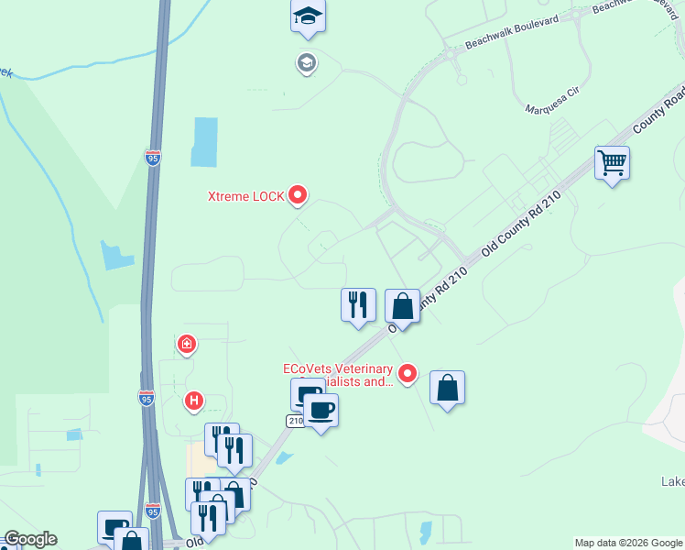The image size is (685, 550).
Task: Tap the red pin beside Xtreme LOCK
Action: (x=298, y=194)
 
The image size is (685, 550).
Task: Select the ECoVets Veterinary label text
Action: (x=337, y=375)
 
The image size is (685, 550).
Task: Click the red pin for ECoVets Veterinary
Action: (x=408, y=373)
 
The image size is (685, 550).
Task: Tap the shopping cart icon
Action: (x=612, y=163)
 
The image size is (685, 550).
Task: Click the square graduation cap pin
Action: (x=309, y=16)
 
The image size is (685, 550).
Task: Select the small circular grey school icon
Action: (x=306, y=62)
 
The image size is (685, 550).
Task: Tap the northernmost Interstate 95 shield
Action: (x=154, y=158)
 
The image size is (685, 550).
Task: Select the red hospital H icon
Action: (x=193, y=401)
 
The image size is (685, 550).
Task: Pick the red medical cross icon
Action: (x=186, y=344)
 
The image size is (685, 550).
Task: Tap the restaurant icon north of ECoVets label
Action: (x=358, y=304)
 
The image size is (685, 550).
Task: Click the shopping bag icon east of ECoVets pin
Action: (x=447, y=388)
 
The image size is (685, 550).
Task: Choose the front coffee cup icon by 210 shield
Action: (x=321, y=411)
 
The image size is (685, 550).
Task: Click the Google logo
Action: (x=29, y=539)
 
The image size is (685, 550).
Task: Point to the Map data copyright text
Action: (x=627, y=543)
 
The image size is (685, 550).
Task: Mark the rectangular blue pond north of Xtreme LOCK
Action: (x=204, y=142)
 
